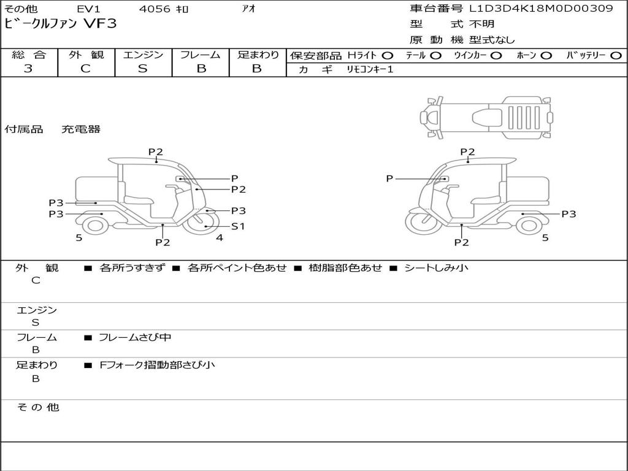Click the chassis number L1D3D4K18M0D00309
pyautogui.click(x=541, y=9)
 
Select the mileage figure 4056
pyautogui.click(x=155, y=9)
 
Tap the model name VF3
pyautogui.click(x=99, y=24)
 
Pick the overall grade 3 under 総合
pyautogui.click(x=28, y=69)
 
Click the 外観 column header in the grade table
pyautogui.click(x=86, y=55)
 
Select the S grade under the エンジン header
pyautogui.click(x=142, y=69)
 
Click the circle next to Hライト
pyautogui.click(x=387, y=56)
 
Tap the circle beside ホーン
pyautogui.click(x=546, y=56)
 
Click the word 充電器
pyautogui.click(x=80, y=129)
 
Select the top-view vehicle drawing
pyautogui.click(x=486, y=116)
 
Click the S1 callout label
pyautogui.click(x=238, y=226)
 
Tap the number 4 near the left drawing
pyautogui.click(x=219, y=237)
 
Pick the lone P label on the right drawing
pyautogui.click(x=389, y=178)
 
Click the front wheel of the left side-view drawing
pyautogui.click(x=205, y=225)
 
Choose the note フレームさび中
pyautogui.click(x=134, y=337)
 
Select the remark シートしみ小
pyautogui.click(x=436, y=268)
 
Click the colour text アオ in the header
pyautogui.click(x=248, y=9)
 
